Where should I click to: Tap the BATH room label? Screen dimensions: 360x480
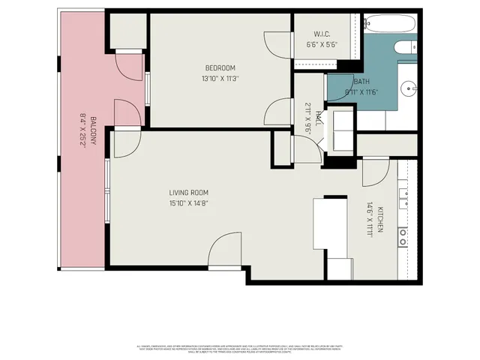click(x=361, y=81)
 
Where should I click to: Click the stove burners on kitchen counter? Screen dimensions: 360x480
click(x=403, y=237)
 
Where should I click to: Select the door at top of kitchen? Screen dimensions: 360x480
click(x=374, y=172)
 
